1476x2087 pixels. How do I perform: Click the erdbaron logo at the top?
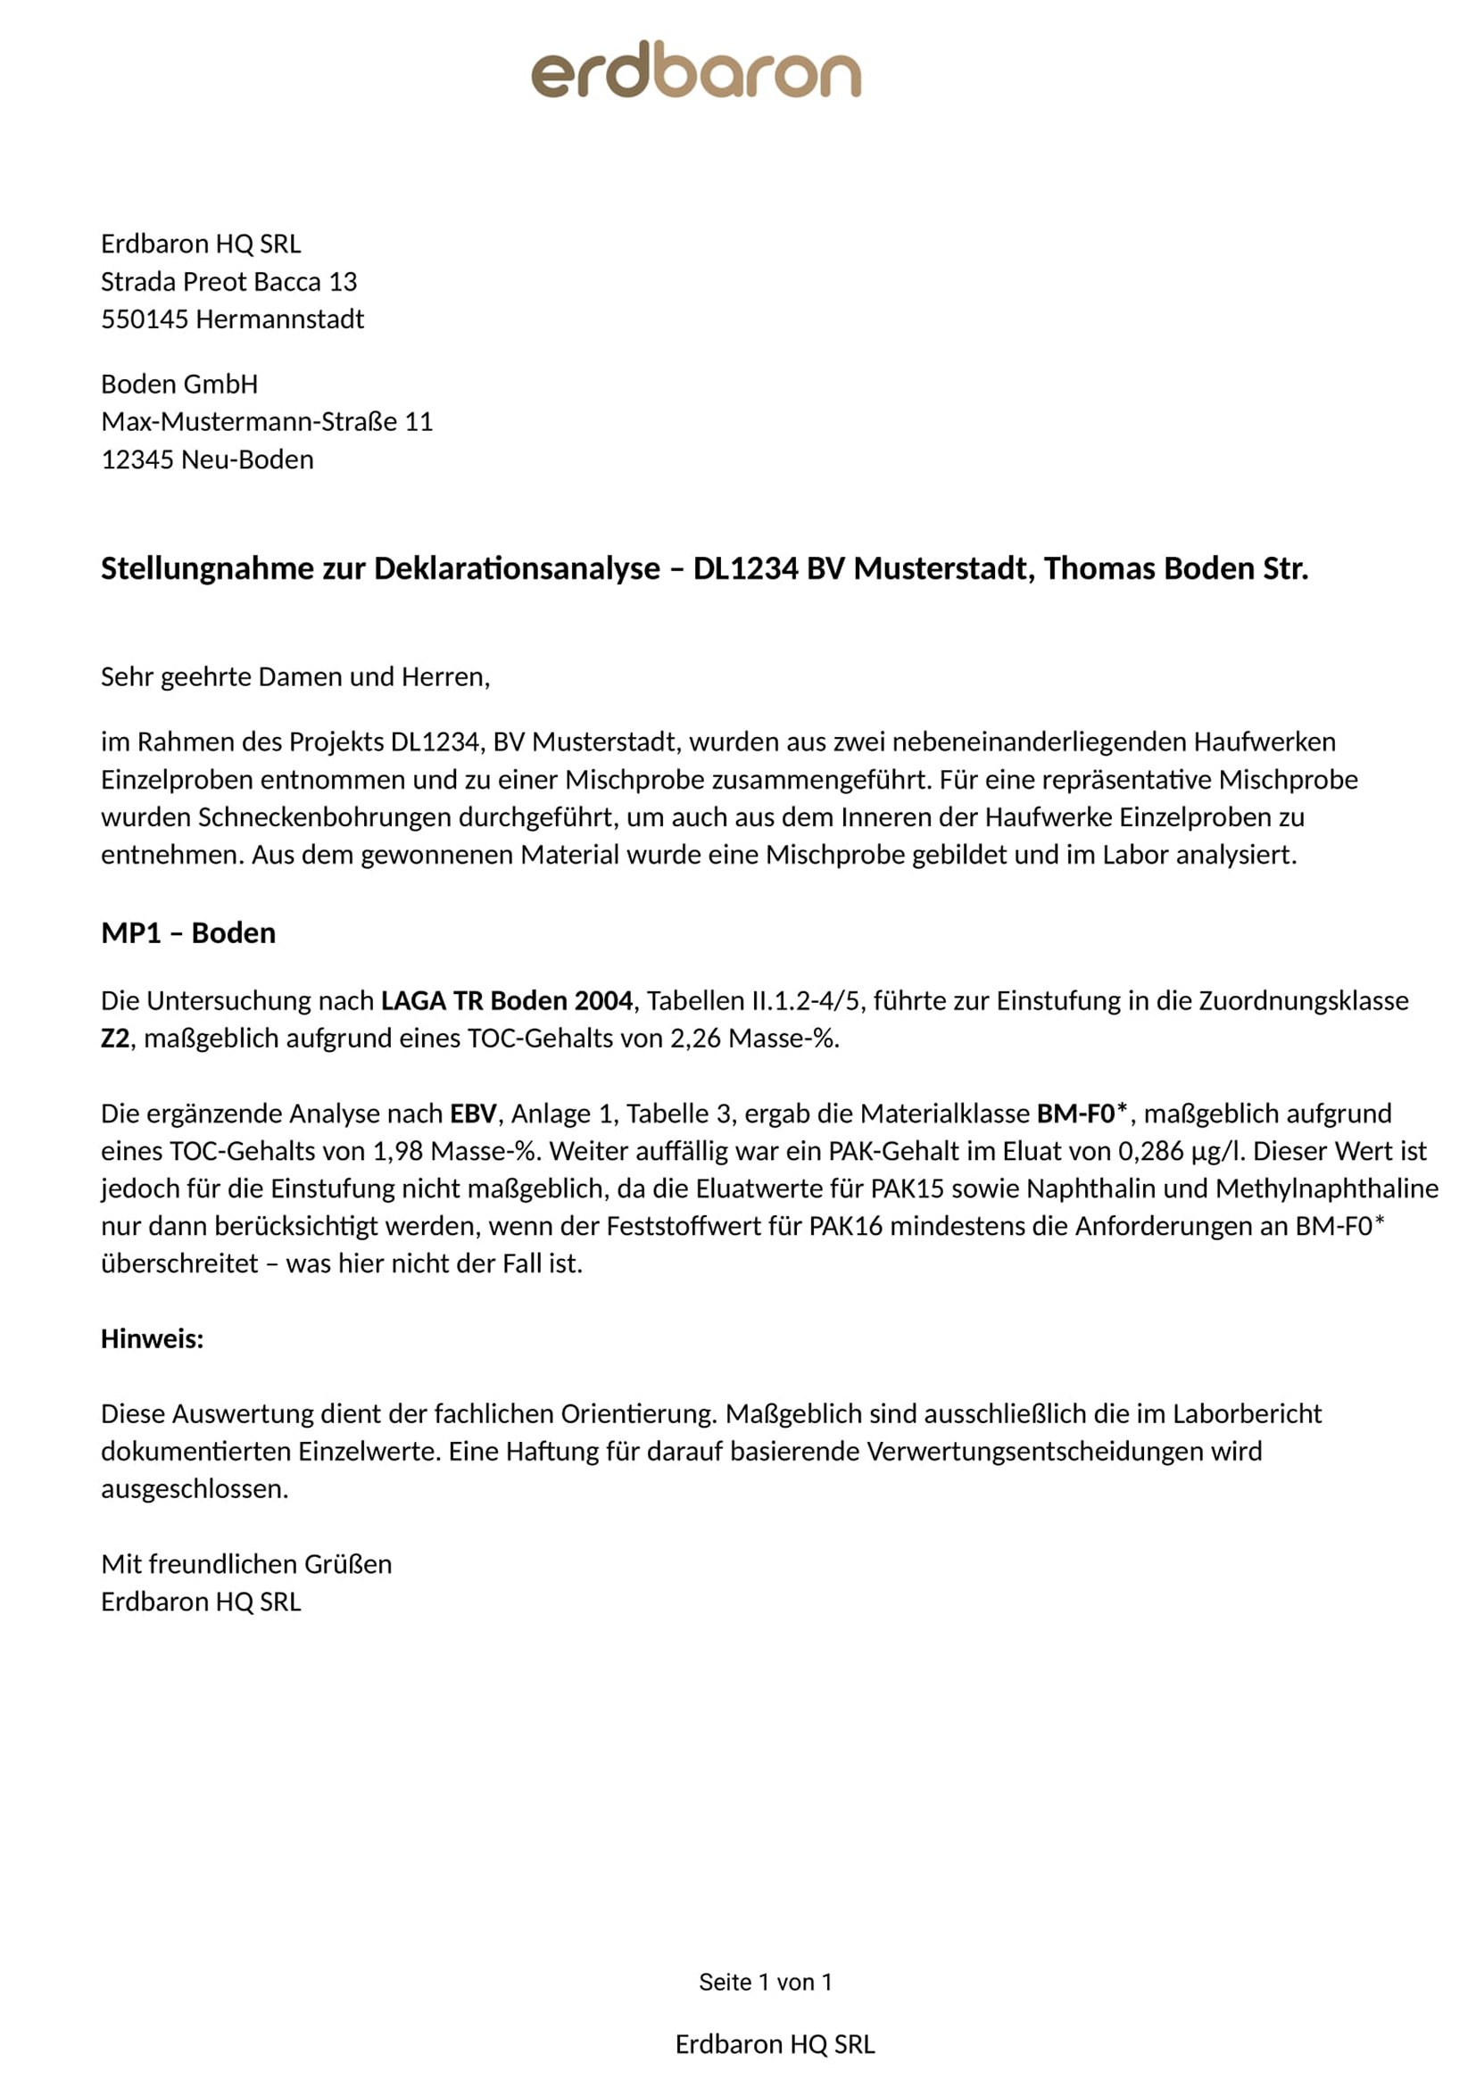coord(695,70)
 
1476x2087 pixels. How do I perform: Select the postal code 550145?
coord(145,319)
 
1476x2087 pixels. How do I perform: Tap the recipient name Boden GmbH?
coord(179,385)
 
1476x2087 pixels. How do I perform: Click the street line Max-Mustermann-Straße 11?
coord(266,422)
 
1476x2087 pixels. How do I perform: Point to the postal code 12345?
coord(137,460)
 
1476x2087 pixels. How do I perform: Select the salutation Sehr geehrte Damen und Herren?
coord(294,677)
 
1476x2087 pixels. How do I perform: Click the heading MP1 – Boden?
coord(188,933)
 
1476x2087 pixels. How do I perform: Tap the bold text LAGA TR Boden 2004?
coord(506,1001)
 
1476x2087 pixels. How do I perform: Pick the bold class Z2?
coord(115,1038)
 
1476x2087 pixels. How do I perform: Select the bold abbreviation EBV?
coord(473,1114)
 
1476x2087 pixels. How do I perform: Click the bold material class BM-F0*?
coord(1082,1114)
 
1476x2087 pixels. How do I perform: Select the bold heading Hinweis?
coord(152,1339)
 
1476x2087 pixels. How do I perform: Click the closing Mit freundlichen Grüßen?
coord(246,1564)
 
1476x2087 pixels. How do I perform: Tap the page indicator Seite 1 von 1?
coord(766,1983)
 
